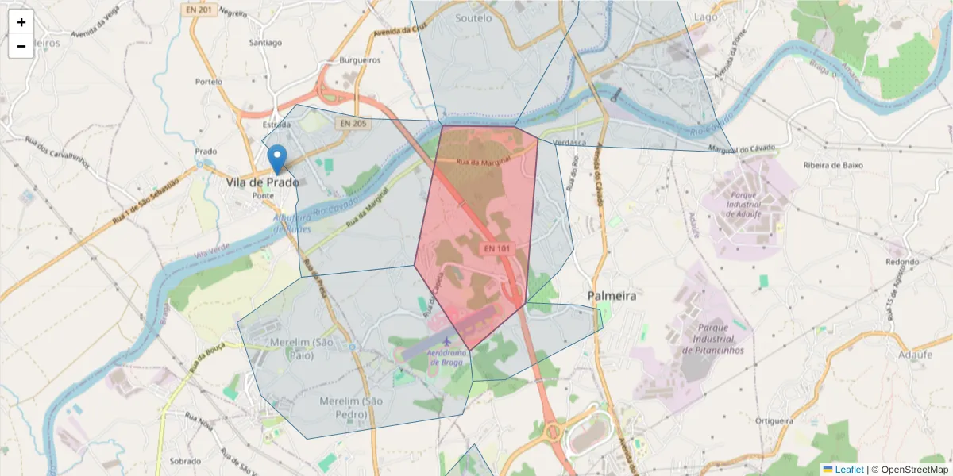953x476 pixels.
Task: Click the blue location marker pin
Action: pyautogui.click(x=276, y=159)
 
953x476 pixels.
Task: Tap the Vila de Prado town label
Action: pyautogui.click(x=262, y=182)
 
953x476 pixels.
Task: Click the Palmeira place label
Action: pyautogui.click(x=612, y=295)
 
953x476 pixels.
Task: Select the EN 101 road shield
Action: pyautogui.click(x=497, y=248)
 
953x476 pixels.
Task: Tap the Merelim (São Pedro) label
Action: pyautogui.click(x=351, y=407)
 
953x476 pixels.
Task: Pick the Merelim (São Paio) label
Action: pyautogui.click(x=302, y=348)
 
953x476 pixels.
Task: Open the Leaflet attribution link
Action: pyautogui.click(x=849, y=469)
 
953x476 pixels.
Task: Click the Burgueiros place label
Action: pyautogui.click(x=360, y=59)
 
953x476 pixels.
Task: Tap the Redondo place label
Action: pyautogui.click(x=901, y=262)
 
